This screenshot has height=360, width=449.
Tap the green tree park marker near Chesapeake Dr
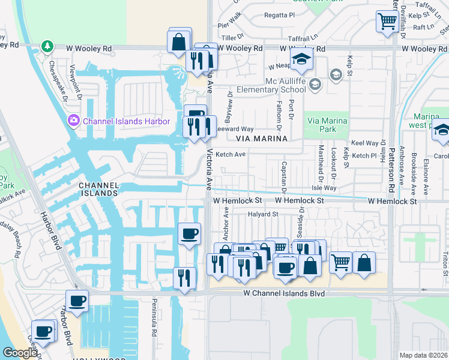pos(47,46)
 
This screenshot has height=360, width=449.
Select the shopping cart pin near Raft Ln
pos(387,22)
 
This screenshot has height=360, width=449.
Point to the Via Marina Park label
pos(327,125)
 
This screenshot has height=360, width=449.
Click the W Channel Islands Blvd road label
pos(284,293)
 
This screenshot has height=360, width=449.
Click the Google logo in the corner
pos(20,353)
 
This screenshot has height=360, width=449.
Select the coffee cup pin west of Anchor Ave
pos(190,233)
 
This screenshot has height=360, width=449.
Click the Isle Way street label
pos(325,188)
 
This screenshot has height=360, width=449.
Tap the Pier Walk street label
pos(229,25)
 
